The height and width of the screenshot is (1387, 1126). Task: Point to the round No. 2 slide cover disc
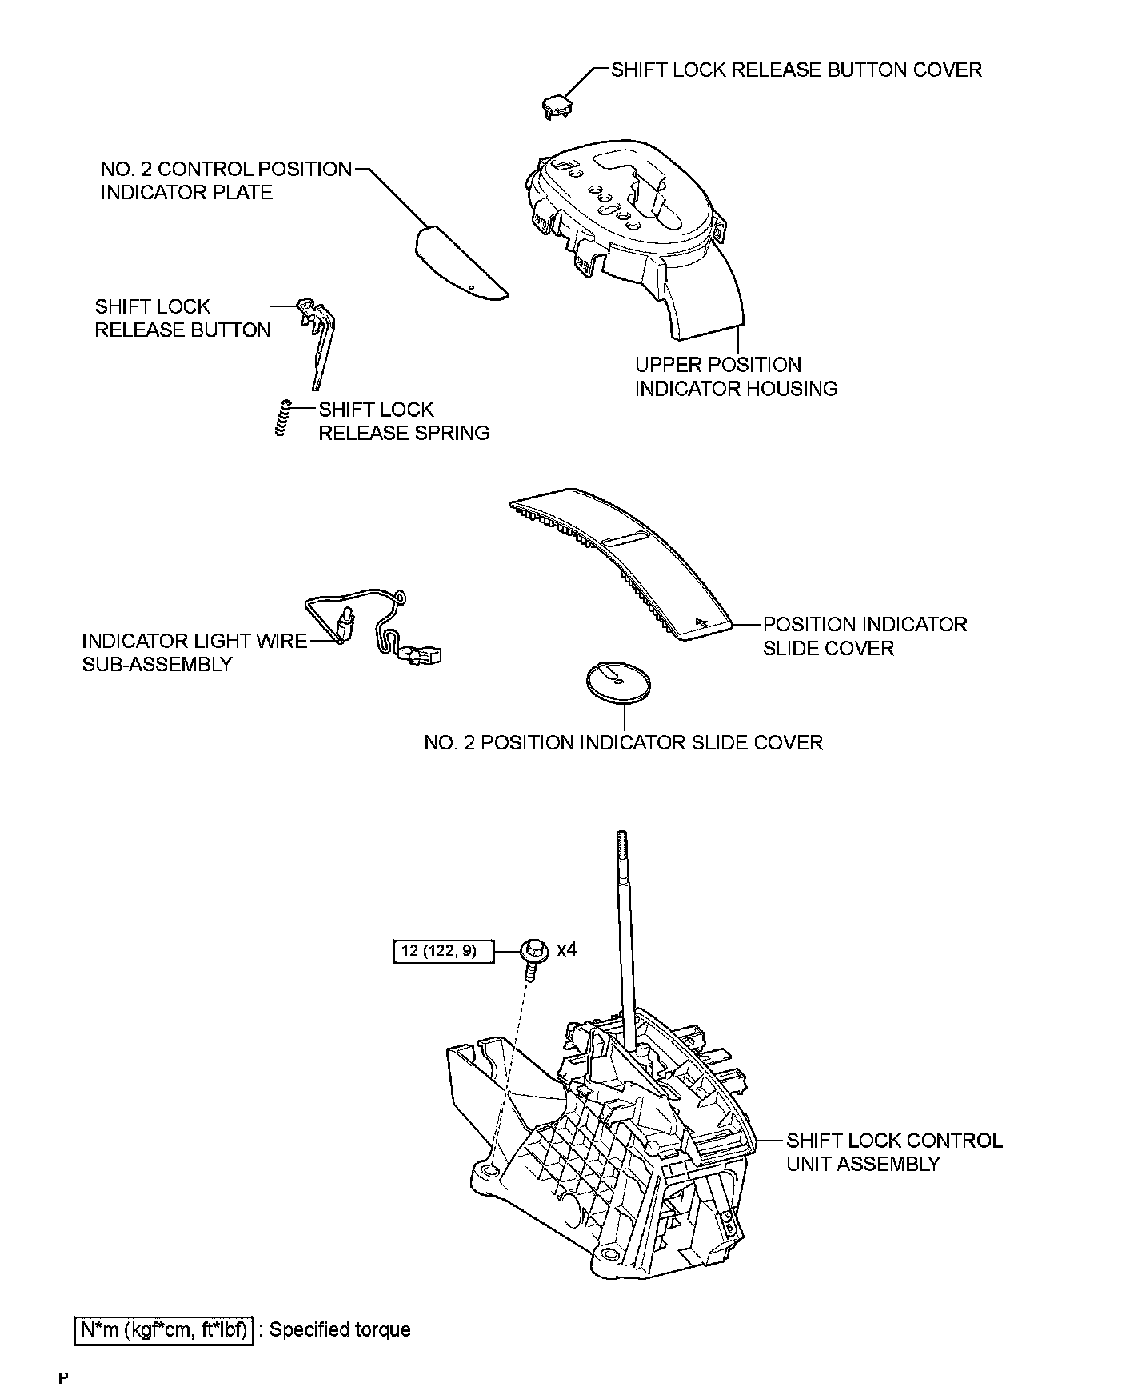[x=618, y=682]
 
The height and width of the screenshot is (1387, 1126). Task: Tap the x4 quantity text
[x=567, y=949]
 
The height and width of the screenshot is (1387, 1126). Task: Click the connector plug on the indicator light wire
[x=421, y=655]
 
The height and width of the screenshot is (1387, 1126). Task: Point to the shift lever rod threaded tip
[x=621, y=840]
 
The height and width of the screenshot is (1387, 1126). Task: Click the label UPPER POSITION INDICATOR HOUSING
[x=736, y=377]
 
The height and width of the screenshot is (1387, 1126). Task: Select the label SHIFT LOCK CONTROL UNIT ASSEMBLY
[x=893, y=1152]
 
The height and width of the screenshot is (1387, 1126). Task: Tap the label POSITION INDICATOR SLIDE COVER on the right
[x=864, y=636]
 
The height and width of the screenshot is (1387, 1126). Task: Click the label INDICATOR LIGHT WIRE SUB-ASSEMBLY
[x=194, y=652]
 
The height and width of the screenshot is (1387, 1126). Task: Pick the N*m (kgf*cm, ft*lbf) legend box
[x=164, y=1329]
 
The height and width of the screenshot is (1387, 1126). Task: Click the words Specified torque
[x=340, y=1329]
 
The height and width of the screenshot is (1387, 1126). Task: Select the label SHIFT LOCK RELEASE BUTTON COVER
[x=796, y=70]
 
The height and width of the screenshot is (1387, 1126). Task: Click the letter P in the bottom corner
[x=64, y=1377]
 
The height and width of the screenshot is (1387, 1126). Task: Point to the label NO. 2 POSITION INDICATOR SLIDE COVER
[x=623, y=743]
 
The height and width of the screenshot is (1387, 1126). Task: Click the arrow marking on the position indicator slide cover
[x=702, y=620]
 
